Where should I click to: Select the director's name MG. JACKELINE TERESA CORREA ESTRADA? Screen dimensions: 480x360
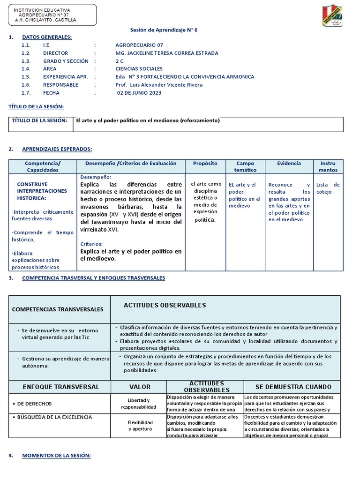click(166, 53)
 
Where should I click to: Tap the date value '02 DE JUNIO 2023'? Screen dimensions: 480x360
click(139, 93)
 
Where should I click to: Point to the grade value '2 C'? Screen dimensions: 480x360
click(120, 61)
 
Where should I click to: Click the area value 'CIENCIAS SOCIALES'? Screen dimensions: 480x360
click(139, 69)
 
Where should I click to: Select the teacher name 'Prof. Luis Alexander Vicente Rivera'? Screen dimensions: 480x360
click(159, 85)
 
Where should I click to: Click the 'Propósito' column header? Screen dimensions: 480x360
click(205, 164)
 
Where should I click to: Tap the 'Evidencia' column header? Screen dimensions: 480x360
click(289, 164)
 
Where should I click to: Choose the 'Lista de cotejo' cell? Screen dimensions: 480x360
click(328, 188)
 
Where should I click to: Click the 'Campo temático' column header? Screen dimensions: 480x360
click(245, 167)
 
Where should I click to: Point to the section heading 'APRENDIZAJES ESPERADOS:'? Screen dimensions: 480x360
click(57, 149)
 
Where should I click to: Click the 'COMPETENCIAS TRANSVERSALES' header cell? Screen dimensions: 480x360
click(58, 310)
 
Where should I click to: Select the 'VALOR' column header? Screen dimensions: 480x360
click(140, 387)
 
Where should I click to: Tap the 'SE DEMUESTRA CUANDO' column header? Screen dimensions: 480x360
click(293, 387)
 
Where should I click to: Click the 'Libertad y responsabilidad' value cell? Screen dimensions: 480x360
click(140, 404)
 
